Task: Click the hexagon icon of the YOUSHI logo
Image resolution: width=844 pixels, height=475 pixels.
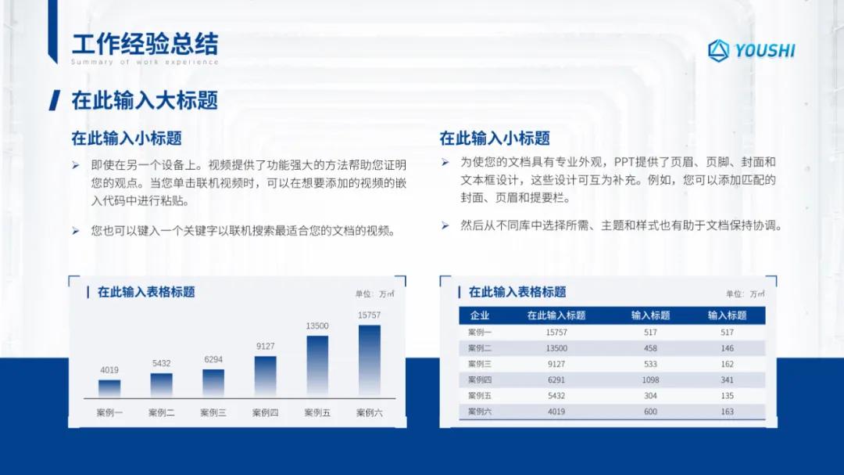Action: pos(718,50)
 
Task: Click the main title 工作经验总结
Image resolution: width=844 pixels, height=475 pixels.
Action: pos(145,44)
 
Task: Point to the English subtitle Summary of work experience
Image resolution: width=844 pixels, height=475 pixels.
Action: pos(145,62)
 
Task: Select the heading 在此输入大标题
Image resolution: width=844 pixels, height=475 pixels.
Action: pos(145,100)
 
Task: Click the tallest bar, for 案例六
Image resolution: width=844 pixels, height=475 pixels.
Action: pos(370,361)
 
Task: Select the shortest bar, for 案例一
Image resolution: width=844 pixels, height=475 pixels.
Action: pos(109,388)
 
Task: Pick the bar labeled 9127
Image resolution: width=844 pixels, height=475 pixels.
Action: pos(266,376)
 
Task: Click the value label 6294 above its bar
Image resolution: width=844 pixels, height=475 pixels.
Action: pos(213,359)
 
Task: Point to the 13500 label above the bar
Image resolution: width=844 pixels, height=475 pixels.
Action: pos(317,326)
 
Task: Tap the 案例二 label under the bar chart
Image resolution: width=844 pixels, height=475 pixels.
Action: pos(162,412)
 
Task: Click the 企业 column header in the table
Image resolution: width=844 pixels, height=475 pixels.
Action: pos(479,315)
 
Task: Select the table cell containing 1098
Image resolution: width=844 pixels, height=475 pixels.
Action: pos(650,380)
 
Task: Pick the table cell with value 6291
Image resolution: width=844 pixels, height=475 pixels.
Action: pos(556,380)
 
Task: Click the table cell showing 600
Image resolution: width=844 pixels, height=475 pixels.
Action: pos(650,412)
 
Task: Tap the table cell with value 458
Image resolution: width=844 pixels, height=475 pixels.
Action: pos(650,348)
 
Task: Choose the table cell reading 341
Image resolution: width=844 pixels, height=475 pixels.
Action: pos(727,380)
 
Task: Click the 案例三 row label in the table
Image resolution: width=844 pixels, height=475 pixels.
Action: pos(479,364)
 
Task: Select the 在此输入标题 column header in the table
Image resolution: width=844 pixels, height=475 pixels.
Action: pos(556,315)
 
